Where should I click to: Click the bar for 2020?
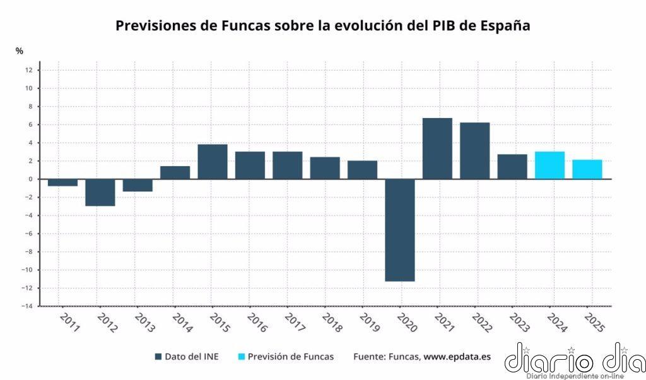click(400, 230)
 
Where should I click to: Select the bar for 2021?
click(437, 148)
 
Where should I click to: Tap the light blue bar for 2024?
click(549, 165)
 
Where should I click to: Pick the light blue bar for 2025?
click(587, 169)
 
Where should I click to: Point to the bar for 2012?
click(100, 193)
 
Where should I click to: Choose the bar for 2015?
click(213, 162)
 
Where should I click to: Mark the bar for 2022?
click(474, 151)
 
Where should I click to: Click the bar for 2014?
click(175, 172)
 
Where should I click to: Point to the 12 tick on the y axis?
click(29, 70)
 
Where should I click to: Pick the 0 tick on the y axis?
click(30, 179)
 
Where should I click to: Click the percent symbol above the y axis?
click(20, 50)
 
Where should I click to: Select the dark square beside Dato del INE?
click(158, 357)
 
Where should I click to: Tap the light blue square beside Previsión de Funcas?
click(240, 357)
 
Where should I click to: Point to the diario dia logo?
click(574, 360)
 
